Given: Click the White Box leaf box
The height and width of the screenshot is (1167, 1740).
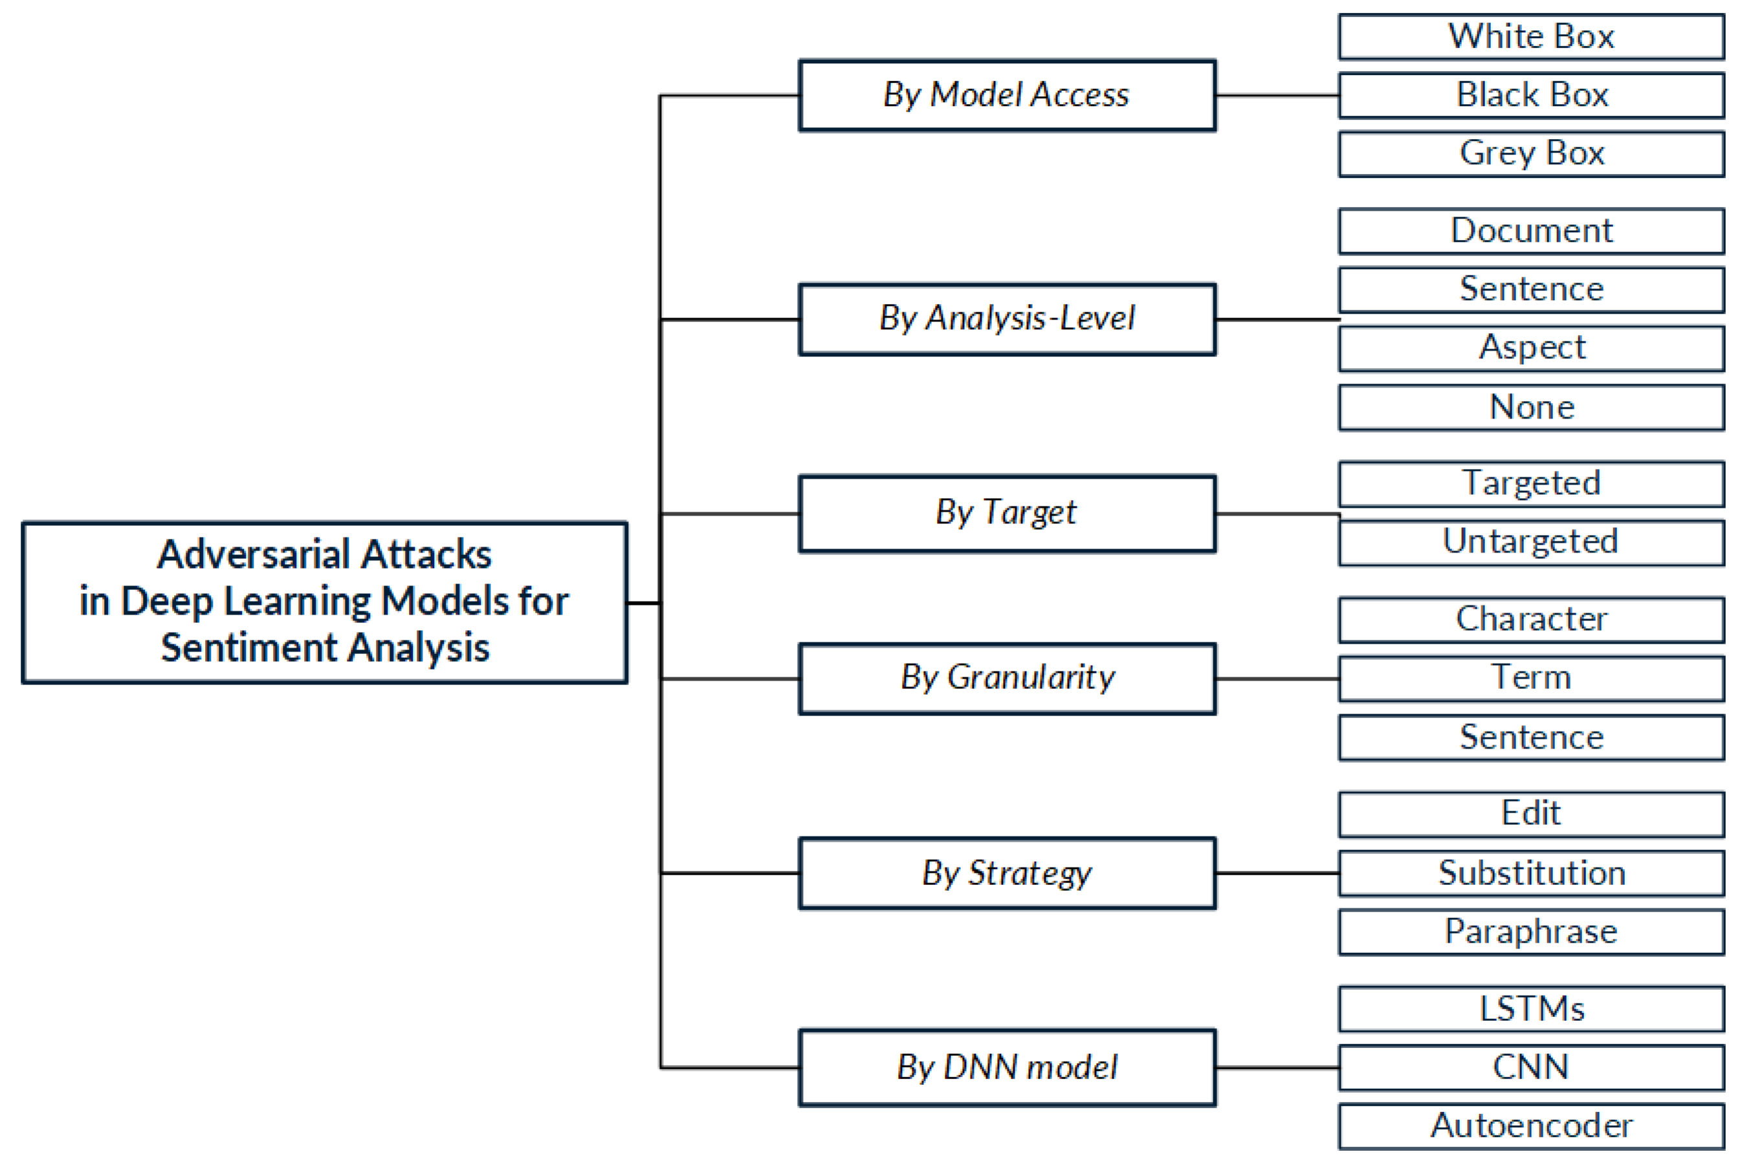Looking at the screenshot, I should coord(1530,36).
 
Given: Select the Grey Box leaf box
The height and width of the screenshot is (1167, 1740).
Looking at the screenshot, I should coord(1530,154).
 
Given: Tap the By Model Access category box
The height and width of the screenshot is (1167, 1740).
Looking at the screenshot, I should coord(1007,95).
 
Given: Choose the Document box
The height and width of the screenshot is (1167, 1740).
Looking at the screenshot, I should coord(1530,231).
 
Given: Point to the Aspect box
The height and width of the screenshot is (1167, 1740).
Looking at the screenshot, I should coord(1530,347).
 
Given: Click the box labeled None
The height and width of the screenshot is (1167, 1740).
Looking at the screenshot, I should coord(1530,407).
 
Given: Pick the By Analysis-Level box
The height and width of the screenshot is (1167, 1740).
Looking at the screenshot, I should coord(1007,318).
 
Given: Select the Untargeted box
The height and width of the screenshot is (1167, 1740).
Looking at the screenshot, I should coord(1530,542).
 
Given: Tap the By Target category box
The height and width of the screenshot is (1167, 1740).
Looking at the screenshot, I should coord(1007,513).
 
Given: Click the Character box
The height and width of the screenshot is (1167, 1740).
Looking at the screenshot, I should coord(1530,619).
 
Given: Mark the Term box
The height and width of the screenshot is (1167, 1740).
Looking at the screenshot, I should coord(1530,678).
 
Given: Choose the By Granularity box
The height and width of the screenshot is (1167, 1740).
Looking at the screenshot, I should coord(1007,678).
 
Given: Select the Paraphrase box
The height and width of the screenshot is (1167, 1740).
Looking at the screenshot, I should coord(1530,932).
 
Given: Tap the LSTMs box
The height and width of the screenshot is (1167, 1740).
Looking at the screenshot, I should coord(1530,1009).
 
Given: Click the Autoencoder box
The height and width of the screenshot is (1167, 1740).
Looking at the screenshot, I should coord(1530,1126).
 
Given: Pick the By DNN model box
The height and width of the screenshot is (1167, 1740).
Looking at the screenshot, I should coord(1007,1067).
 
